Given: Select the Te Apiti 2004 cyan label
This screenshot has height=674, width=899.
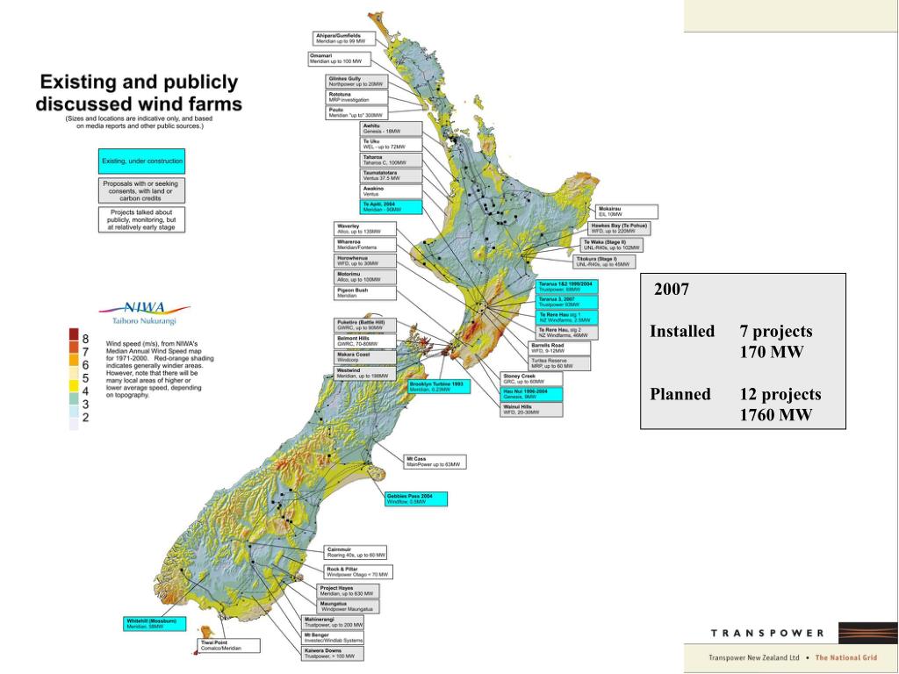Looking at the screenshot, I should pos(392,207).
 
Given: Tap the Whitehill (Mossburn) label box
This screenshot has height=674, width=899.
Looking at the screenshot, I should pos(156,624).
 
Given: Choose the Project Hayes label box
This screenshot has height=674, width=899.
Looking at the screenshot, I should pos(348,591).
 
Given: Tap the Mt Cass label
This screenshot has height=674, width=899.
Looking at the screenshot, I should pos(435,461).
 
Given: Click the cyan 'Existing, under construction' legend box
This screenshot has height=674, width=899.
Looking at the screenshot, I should pos(142,161).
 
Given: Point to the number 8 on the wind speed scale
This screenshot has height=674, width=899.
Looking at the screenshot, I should pos(86,338).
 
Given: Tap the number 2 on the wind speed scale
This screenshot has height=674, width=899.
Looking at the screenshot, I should pos(86,418).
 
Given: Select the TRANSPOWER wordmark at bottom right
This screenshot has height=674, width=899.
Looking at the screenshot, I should pos(766,633).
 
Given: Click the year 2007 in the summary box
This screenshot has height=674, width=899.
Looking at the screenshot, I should pos(672,290).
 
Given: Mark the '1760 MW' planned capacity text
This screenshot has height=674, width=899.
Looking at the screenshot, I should pos(776,415).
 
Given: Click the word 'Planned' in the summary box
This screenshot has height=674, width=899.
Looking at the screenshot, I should pos(680,394).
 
